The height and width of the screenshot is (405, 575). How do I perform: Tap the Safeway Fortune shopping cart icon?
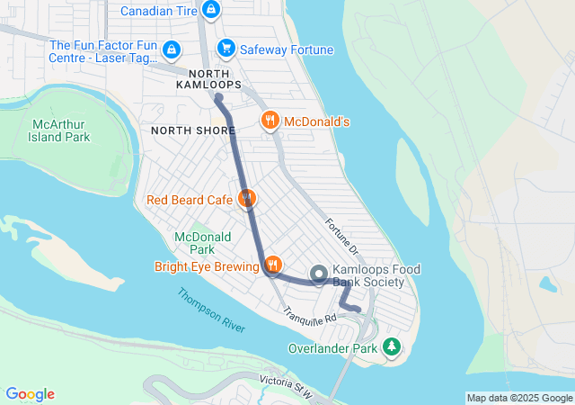coord(226,49)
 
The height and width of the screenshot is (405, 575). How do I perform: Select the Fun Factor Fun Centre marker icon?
coord(172,50)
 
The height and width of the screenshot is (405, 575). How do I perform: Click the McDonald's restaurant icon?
coord(269,121)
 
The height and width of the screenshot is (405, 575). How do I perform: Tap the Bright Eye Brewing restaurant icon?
coord(272,265)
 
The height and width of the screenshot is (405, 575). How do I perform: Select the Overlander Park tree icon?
coord(391,346)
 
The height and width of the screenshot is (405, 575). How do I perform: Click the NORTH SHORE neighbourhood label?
coord(187,130)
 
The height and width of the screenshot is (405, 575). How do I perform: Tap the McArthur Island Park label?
coord(61,130)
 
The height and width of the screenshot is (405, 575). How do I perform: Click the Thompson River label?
coord(211,310)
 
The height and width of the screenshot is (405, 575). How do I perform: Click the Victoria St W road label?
coord(283,386)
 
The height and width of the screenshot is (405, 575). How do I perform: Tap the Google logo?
coord(30,394)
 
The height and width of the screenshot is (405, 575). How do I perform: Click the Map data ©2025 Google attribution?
coord(519,398)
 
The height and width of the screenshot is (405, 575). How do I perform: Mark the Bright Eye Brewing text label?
coord(206,266)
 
